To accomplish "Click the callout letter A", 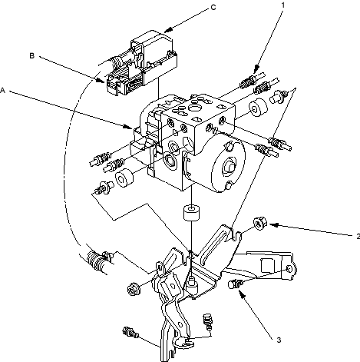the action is [x=3, y=91].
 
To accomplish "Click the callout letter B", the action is [x=32, y=55].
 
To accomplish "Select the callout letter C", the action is [x=213, y=8].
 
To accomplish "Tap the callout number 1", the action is [x=283, y=5].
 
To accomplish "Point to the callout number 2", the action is [x=358, y=237].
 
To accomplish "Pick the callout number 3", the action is [x=279, y=340].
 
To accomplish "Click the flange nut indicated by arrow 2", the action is [x=260, y=223].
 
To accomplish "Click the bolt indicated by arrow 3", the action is [x=235, y=284].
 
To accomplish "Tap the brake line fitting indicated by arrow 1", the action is [x=248, y=82].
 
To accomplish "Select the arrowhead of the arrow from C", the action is [x=167, y=30].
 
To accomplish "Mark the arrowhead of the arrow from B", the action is [x=101, y=80].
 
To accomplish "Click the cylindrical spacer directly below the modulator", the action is [x=191, y=212].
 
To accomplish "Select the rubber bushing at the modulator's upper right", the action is [x=259, y=108].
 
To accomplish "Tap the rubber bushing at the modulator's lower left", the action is [x=124, y=178].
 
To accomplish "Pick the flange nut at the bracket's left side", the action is [x=134, y=288].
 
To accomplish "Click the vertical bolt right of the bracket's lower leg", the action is [x=208, y=322].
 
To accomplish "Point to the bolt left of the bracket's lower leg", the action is [x=130, y=333].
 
